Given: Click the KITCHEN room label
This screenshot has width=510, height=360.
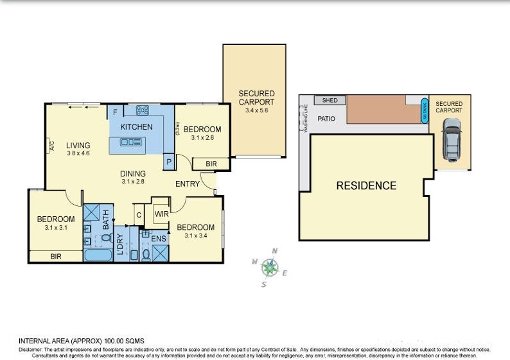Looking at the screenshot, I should (136, 127).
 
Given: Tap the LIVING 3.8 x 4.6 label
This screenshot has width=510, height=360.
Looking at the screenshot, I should (78, 150).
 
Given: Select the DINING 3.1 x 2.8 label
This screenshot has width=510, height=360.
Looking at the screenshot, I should (133, 177).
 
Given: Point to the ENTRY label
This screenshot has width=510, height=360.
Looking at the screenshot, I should (188, 184).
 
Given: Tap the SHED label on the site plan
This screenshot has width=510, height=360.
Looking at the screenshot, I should (330, 101).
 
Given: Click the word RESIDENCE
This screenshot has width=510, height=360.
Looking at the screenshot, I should (367, 186).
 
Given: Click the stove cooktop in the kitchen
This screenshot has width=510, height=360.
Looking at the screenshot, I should (142, 110).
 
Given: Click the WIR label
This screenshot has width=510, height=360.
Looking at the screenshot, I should (161, 214).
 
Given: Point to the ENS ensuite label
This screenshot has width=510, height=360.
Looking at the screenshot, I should (159, 239).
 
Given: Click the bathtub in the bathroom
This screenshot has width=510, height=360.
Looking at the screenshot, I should (98, 255).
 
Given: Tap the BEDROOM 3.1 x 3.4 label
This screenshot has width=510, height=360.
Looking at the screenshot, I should (195, 231).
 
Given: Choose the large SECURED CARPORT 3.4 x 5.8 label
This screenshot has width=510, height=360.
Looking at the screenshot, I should (256, 101).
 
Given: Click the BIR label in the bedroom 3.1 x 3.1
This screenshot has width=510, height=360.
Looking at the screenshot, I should (56, 256).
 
